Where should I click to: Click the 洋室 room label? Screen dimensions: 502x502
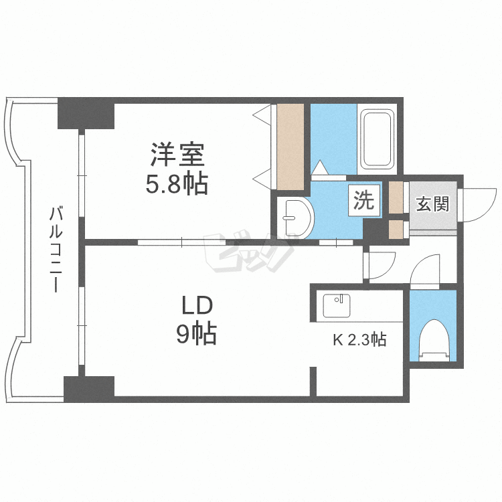177,155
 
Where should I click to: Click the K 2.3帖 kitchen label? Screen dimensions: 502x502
359,340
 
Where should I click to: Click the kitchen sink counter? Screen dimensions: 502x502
337,306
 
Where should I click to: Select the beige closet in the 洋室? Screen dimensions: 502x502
290,146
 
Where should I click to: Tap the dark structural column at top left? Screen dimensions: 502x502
86,114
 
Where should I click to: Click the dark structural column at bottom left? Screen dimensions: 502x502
89,388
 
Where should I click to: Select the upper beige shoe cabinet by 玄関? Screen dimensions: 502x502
396,197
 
